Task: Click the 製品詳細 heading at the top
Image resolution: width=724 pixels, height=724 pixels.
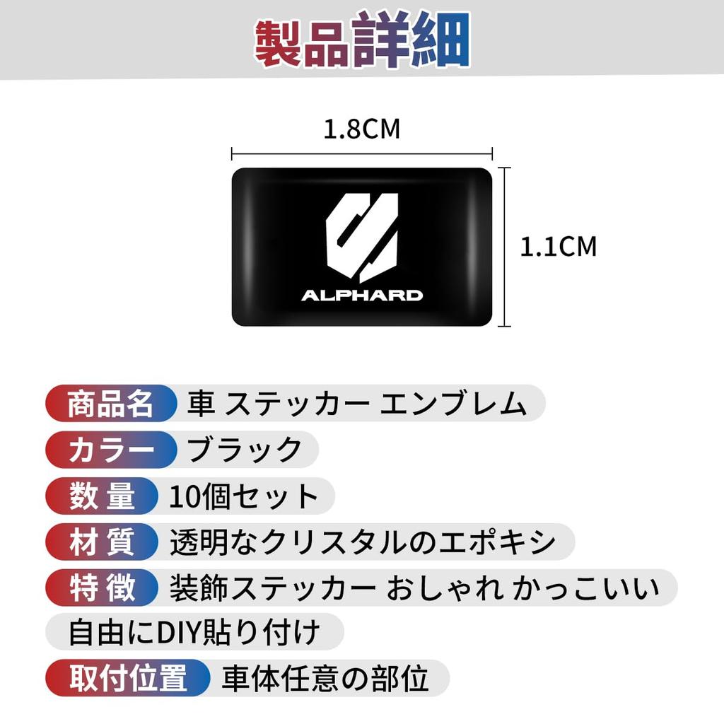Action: pos(363,40)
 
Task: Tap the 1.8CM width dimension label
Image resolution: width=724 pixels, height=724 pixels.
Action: pos(361,129)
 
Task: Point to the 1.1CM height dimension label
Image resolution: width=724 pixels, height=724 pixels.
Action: pos(559,247)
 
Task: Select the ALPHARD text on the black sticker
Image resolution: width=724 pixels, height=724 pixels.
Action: pos(362,296)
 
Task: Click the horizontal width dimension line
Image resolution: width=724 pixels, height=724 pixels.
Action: pos(362,153)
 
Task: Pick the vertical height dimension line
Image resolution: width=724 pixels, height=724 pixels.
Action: pos(504,247)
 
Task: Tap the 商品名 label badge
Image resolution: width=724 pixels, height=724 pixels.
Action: pos(111,403)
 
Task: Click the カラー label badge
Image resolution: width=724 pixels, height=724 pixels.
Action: pos(111,449)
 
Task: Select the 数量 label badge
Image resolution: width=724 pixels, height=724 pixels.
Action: pos(102,496)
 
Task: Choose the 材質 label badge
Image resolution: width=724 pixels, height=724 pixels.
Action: pos(102,542)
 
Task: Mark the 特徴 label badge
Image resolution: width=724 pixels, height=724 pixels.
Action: pos(102,588)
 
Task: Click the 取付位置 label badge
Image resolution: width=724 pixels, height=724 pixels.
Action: pos(128,678)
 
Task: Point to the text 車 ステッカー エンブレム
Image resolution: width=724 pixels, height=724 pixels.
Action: pos(356,404)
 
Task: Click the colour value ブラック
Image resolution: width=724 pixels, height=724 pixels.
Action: pos(244,449)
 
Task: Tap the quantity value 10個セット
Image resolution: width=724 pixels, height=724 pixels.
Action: pos(244,496)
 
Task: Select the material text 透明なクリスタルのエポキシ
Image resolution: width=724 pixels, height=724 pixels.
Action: pos(363,542)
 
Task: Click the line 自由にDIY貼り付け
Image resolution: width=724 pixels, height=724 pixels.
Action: pos(194,632)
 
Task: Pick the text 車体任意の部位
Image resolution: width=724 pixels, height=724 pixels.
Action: pos(325,678)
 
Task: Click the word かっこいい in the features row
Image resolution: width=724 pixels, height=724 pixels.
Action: pos(585,588)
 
